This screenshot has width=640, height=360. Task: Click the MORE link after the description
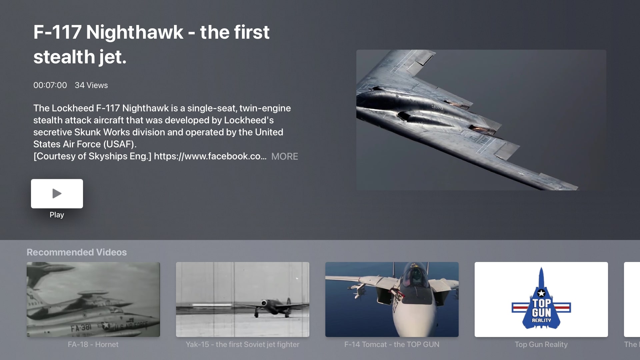pos(285,156)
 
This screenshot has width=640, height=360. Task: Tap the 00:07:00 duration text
pos(50,85)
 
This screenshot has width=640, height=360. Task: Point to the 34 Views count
pos(91,85)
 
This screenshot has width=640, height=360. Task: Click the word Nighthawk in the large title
pos(135,32)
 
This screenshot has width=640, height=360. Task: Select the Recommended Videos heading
pos(77,252)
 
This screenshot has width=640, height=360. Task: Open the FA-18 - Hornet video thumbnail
pos(93,299)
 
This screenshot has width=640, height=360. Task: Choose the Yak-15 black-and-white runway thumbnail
pos(243,299)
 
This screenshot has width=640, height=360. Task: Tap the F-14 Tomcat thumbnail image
pos(392,299)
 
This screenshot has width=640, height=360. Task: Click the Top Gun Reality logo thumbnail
pos(541,299)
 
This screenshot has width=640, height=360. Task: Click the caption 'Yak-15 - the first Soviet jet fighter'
pos(243,345)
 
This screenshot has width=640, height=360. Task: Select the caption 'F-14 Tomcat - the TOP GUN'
pos(392,345)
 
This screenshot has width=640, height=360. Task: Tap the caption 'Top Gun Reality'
pos(541,345)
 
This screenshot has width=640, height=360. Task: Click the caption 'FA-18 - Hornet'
pos(93,345)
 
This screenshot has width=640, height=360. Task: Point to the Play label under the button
pos(57,215)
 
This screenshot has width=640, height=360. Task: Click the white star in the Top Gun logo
pos(541,293)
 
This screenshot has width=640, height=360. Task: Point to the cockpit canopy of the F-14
pos(415,275)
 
